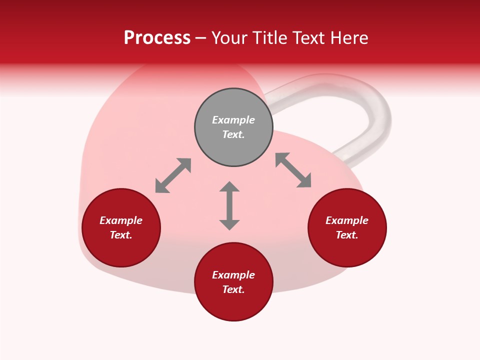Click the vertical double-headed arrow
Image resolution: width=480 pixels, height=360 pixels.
[x=229, y=206]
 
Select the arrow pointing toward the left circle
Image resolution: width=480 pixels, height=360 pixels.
[x=173, y=175]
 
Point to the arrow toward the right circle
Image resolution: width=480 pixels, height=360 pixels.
[x=293, y=170]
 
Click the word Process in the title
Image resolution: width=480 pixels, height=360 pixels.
[x=157, y=37]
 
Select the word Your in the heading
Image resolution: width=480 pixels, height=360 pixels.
[x=230, y=37]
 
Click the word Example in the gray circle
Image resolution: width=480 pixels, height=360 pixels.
[x=233, y=120]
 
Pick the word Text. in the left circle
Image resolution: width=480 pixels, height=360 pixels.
[x=121, y=235]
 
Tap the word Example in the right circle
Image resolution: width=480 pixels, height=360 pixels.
[x=347, y=220]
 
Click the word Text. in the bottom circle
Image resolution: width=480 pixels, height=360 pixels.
[x=233, y=289]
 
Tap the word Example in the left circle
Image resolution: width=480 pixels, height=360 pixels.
[x=121, y=220]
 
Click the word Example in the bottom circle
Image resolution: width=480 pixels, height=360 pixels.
[x=233, y=275]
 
